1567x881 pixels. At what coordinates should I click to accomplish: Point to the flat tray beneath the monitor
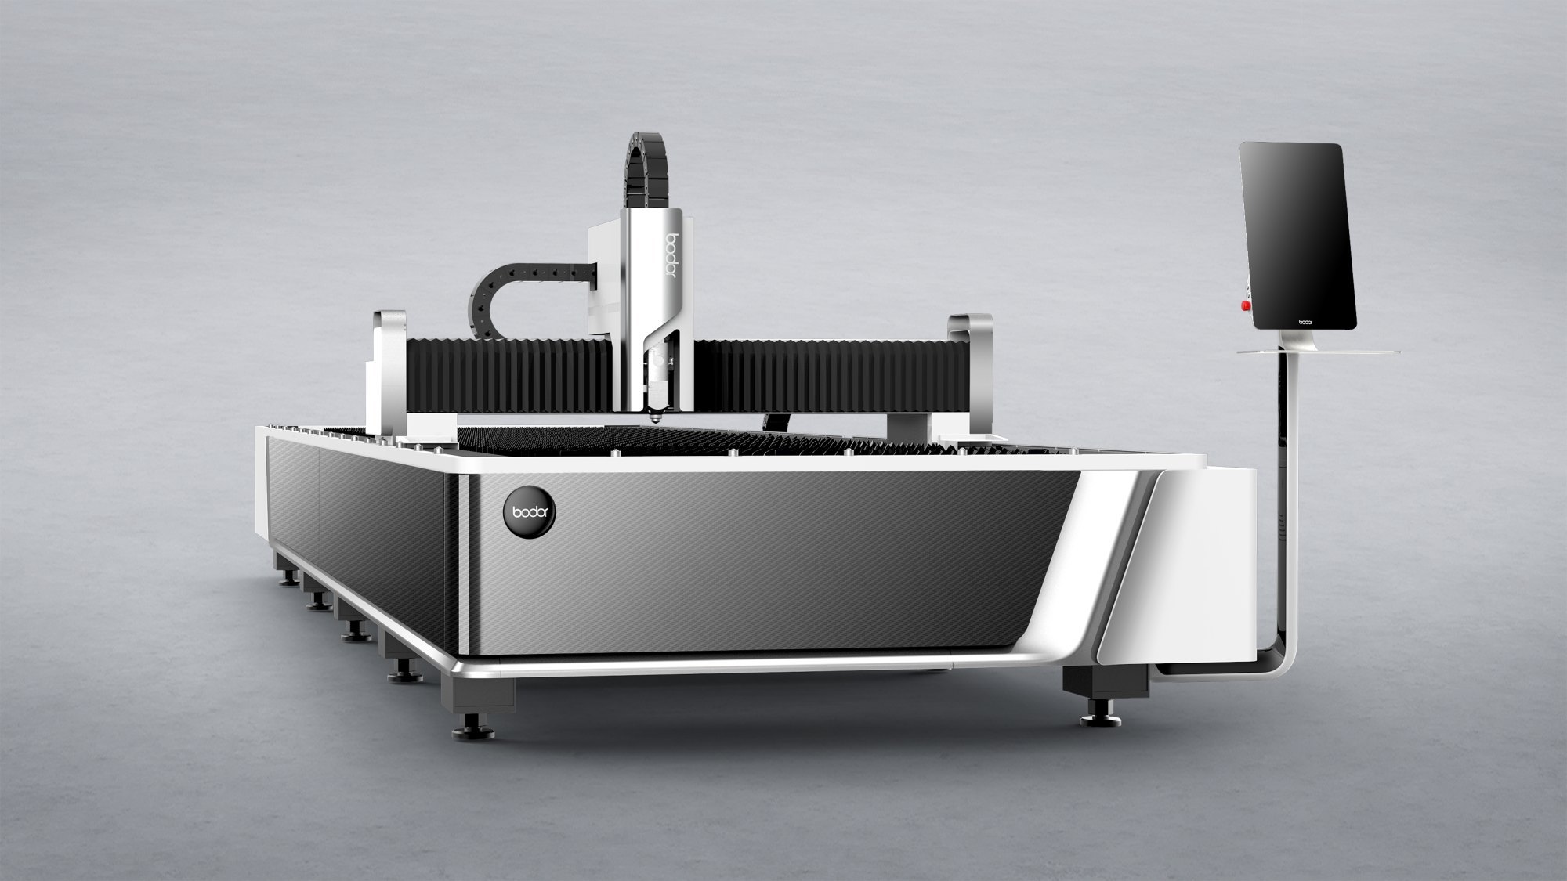pos(1318,352)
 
